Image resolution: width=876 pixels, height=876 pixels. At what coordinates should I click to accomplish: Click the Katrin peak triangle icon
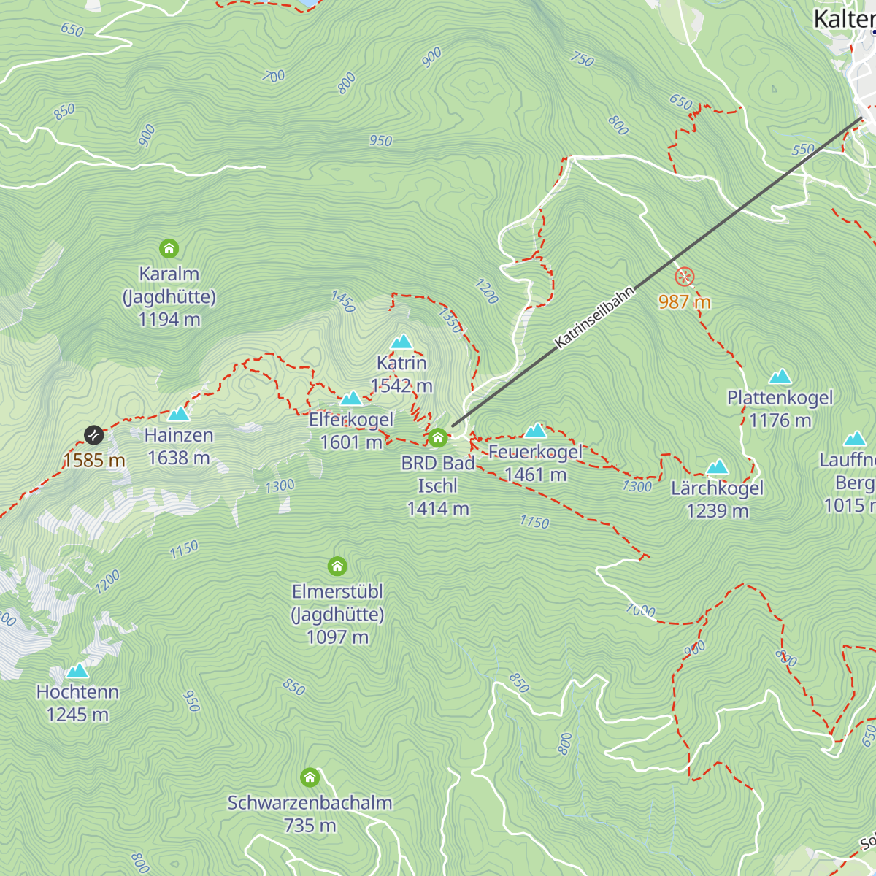click(x=401, y=342)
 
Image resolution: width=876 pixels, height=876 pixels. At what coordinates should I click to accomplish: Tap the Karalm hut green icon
click(x=169, y=249)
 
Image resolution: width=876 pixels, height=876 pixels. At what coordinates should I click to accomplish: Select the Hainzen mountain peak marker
click(x=179, y=415)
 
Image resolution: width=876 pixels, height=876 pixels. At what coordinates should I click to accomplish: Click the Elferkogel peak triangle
click(x=351, y=399)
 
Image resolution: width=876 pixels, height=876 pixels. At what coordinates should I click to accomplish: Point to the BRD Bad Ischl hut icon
click(x=437, y=437)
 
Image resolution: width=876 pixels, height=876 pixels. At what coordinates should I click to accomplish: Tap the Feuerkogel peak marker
click(x=536, y=431)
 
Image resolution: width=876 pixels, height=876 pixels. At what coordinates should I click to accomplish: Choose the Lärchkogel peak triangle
click(x=718, y=467)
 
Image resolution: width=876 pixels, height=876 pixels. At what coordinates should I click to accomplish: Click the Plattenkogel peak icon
click(x=780, y=377)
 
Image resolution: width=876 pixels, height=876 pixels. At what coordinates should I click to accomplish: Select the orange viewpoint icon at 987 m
click(x=684, y=277)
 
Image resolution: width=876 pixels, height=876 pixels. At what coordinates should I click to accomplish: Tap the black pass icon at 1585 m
click(x=93, y=436)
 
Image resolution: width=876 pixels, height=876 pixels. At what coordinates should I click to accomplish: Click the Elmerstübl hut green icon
click(x=337, y=566)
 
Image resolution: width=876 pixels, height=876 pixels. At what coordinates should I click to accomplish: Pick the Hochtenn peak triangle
click(x=77, y=671)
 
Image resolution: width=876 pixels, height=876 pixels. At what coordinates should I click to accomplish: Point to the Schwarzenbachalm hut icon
click(x=310, y=777)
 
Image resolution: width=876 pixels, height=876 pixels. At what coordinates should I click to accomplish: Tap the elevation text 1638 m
click(x=179, y=458)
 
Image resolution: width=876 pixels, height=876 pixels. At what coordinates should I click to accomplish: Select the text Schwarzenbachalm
click(x=310, y=802)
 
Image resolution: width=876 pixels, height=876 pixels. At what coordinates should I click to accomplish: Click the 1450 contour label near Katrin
click(x=343, y=301)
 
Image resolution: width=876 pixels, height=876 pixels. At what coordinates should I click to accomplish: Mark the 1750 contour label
click(x=534, y=521)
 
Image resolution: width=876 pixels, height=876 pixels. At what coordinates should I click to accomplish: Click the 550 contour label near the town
click(x=803, y=150)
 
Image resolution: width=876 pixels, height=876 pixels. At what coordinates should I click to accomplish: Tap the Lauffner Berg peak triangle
click(x=855, y=439)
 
